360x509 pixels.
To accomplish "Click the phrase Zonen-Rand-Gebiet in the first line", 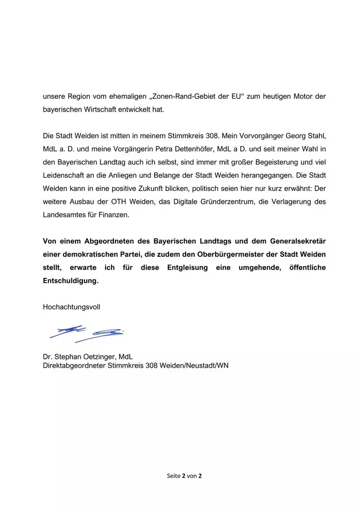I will [x=181, y=97].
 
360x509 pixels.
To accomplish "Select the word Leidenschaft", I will [x=64, y=175].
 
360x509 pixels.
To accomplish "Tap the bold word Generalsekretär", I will [x=298, y=241].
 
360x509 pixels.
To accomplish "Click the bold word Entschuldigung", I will [x=71, y=281].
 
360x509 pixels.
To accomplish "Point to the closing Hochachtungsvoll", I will [x=71, y=307].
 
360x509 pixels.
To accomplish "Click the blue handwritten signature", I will [x=87, y=333].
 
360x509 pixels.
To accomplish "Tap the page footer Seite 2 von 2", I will [x=184, y=476].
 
